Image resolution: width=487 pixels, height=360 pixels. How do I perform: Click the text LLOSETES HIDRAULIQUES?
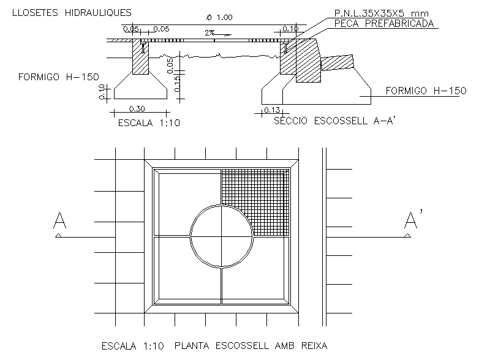click(x=72, y=13)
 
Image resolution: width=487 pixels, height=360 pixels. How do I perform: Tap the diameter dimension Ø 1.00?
click(x=219, y=17)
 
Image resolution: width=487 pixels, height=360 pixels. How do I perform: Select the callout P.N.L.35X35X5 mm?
click(x=382, y=13)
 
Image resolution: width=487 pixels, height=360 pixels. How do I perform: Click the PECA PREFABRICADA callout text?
click(x=384, y=24)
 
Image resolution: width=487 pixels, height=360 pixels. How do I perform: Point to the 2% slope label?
click(x=210, y=32)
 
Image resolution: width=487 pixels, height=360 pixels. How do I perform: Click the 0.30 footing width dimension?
click(x=137, y=108)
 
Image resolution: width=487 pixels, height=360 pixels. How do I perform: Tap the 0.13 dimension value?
click(x=272, y=110)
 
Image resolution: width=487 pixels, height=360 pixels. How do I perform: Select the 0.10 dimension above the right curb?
click(x=290, y=29)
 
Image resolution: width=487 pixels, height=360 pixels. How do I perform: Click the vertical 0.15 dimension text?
click(x=176, y=84)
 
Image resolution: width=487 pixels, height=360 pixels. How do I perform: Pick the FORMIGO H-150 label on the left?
click(x=59, y=77)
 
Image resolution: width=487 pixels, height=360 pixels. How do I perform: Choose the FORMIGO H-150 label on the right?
click(x=426, y=91)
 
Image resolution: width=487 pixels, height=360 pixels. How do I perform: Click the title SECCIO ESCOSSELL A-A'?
click(x=334, y=121)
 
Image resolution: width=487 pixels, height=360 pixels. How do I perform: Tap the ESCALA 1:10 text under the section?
click(x=149, y=123)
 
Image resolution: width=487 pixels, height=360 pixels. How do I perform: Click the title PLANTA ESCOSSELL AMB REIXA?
click(x=251, y=345)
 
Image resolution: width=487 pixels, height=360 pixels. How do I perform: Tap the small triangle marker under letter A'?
click(x=407, y=236)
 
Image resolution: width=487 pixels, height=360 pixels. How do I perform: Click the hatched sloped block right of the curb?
click(x=337, y=62)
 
